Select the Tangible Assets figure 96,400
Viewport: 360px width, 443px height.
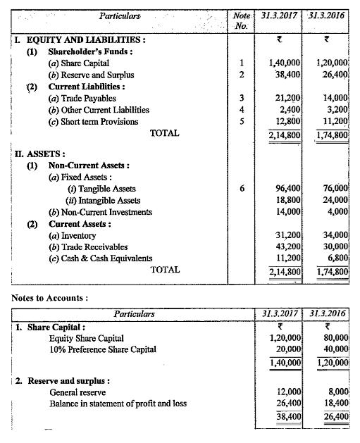pyautogui.click(x=287, y=189)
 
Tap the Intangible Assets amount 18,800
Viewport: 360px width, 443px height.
pyautogui.click(x=287, y=200)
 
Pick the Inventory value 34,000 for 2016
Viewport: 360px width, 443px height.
pyautogui.click(x=335, y=235)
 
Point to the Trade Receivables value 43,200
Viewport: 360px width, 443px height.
pyautogui.click(x=287, y=247)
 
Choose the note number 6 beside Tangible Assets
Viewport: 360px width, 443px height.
pyautogui.click(x=242, y=189)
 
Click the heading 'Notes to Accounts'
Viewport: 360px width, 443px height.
pyautogui.click(x=50, y=297)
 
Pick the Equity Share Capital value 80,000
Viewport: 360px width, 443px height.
pyautogui.click(x=335, y=338)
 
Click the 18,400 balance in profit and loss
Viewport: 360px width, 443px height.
pyautogui.click(x=335, y=404)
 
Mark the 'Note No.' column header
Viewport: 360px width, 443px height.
pyautogui.click(x=241, y=19)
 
